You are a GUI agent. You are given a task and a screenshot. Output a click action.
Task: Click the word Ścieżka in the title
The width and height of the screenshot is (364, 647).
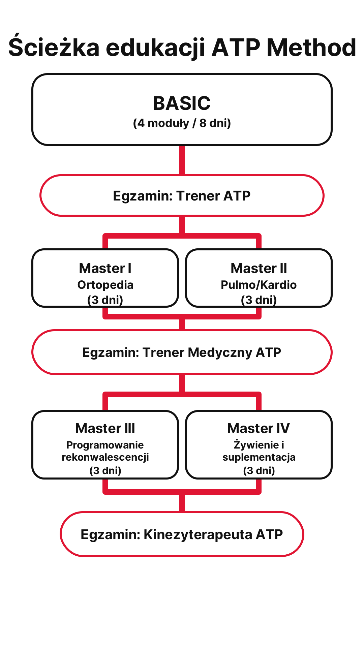54,47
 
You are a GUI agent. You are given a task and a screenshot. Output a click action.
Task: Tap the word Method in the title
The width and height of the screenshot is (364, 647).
311,47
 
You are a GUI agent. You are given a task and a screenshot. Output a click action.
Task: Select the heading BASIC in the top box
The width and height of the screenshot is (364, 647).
182,103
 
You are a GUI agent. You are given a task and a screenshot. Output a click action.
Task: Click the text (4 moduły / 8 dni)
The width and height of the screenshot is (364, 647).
182,123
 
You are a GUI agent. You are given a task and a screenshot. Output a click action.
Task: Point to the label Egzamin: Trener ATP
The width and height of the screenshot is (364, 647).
182,196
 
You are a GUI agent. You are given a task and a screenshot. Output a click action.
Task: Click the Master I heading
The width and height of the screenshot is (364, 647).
105,269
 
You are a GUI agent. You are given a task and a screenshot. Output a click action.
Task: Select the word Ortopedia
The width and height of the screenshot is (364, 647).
105,285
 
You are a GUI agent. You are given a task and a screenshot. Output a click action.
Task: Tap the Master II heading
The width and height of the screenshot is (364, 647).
259,269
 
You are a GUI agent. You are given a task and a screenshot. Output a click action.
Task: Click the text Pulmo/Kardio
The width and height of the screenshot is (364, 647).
259,285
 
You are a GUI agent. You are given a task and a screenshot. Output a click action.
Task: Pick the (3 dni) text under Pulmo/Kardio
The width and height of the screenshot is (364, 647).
259,300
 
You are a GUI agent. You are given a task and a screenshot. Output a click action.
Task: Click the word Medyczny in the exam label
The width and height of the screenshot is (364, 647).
220,352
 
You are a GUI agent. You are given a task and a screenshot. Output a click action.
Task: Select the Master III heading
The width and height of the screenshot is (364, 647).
105,429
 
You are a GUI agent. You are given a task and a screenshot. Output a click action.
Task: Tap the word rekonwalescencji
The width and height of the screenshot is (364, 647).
105,457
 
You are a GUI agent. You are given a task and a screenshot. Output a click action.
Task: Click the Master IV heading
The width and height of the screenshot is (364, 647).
259,429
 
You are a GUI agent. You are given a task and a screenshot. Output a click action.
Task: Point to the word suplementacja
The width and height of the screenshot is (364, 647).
259,457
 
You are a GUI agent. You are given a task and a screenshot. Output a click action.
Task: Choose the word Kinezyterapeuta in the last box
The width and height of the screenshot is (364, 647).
198,534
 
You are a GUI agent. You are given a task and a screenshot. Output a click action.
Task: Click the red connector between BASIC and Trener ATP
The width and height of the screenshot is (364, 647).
182,160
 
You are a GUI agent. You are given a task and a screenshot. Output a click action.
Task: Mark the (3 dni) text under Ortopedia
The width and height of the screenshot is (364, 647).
105,300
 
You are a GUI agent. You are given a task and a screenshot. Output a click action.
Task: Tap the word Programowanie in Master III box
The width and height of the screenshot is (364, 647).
105,445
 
